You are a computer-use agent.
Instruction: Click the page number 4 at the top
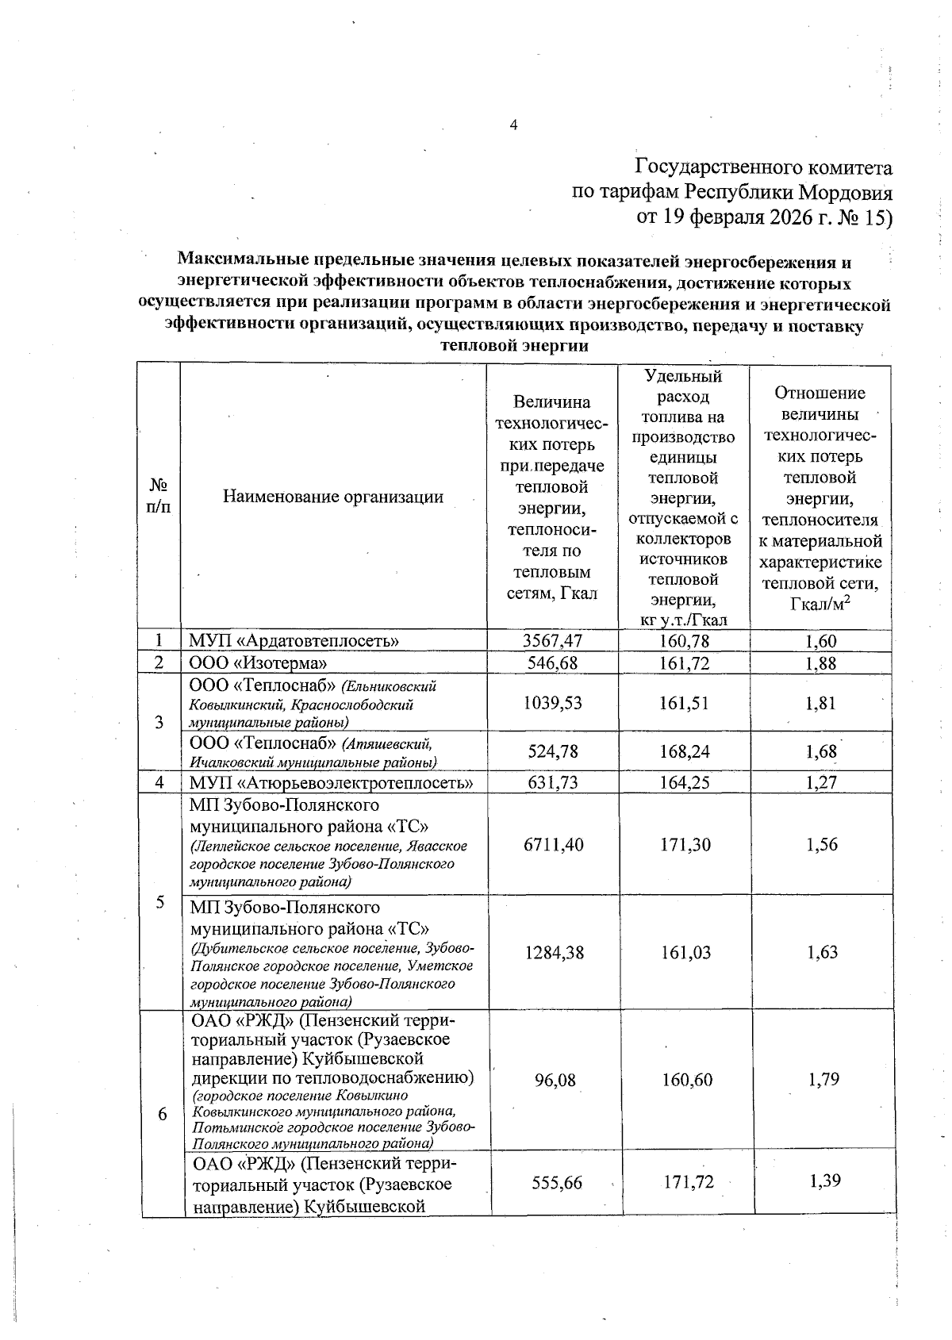click(x=513, y=125)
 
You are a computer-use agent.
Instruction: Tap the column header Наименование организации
click(x=332, y=497)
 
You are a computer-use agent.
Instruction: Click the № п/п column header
click(x=159, y=497)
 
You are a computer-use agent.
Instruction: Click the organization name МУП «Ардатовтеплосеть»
click(x=294, y=641)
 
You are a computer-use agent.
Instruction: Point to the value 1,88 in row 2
click(x=820, y=663)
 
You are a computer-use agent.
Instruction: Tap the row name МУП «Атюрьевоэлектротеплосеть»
click(x=332, y=783)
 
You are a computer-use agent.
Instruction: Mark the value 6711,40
click(x=553, y=845)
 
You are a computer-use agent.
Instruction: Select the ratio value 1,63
click(x=822, y=953)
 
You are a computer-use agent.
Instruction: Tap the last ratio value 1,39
click(x=825, y=1181)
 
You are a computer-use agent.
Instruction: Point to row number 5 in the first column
click(x=160, y=902)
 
